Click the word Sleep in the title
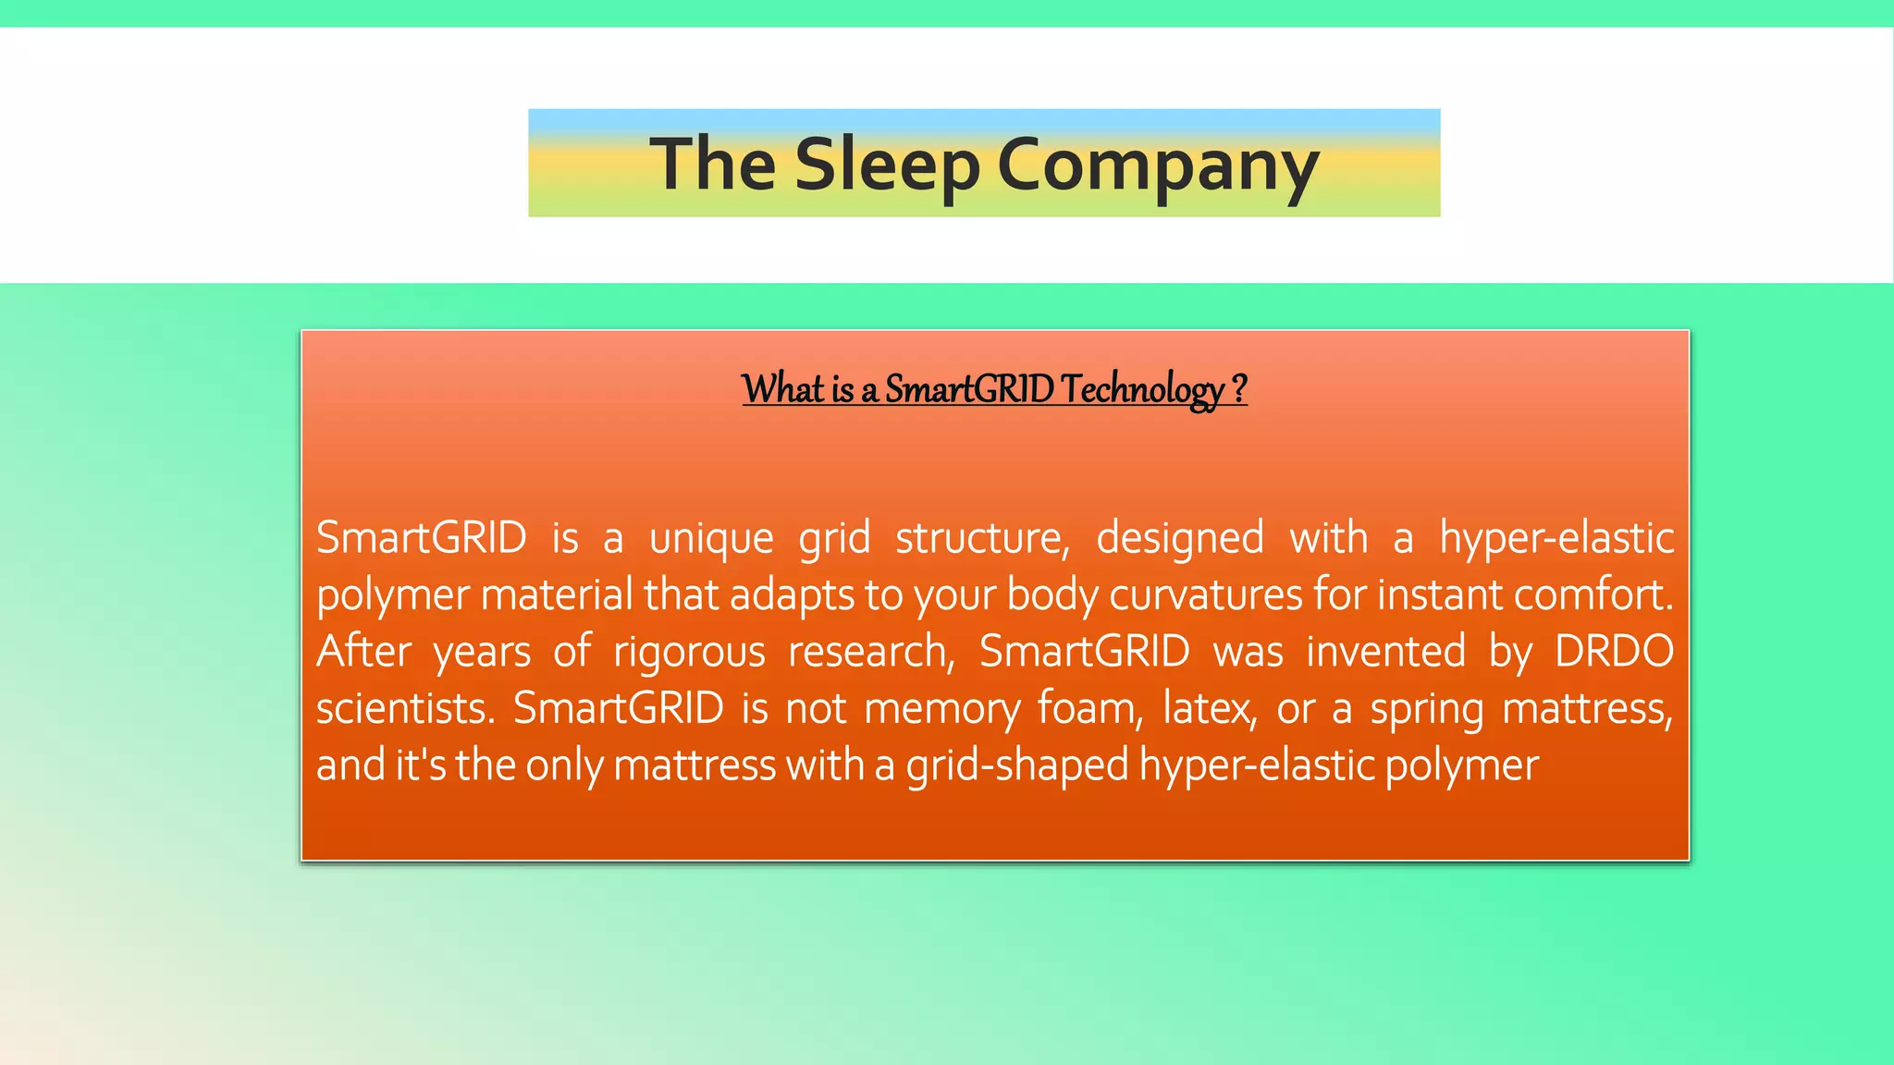886,164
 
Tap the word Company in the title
1158,164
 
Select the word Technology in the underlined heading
1142,388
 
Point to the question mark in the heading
1239,388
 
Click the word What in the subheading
782,388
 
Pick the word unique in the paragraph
710,538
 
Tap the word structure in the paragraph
982,538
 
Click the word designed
1180,538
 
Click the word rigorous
689,652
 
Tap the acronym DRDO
1614,652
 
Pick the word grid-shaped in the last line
1017,766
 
